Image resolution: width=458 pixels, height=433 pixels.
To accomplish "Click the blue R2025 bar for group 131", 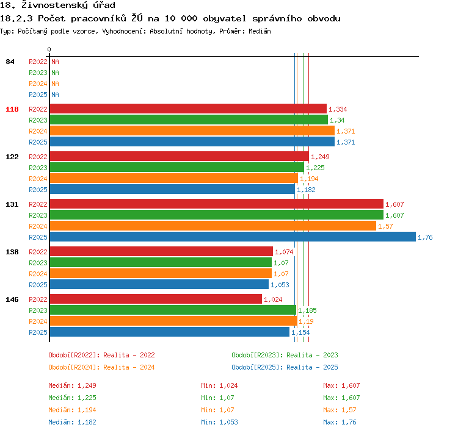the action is (x=233, y=237).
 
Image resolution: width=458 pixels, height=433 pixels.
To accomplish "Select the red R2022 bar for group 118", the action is (x=188, y=109).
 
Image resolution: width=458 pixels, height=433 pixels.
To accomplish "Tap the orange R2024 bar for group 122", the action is (x=174, y=178).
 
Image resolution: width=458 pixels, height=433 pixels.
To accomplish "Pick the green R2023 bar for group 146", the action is (x=173, y=310).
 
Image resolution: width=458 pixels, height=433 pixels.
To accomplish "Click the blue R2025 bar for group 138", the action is (x=159, y=284).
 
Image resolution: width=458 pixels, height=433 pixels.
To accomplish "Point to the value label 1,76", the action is (x=425, y=237).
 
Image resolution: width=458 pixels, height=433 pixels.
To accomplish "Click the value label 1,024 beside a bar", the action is (x=273, y=299).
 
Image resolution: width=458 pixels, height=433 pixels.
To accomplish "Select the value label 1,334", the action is (x=338, y=109).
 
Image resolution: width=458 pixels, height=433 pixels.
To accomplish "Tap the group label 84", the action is (x=10, y=62).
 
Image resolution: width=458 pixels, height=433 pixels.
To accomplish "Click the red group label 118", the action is (x=12, y=109).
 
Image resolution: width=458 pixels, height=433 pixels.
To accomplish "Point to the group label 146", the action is (x=12, y=299).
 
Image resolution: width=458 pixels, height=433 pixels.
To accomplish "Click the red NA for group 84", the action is (x=55, y=62).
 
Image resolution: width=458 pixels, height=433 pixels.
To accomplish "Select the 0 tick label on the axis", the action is (x=49, y=49).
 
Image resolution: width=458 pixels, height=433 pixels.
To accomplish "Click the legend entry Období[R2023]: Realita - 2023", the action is (x=285, y=355).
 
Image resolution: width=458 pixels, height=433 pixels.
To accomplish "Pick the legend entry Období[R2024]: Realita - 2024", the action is (x=101, y=367).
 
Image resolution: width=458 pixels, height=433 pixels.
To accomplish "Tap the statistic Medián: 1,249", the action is (x=73, y=385).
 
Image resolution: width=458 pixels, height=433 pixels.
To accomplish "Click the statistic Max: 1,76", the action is (x=340, y=422).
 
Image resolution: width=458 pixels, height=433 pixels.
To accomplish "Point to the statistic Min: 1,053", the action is (x=219, y=422).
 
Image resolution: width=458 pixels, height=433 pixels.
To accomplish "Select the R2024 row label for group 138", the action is (x=38, y=274).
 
